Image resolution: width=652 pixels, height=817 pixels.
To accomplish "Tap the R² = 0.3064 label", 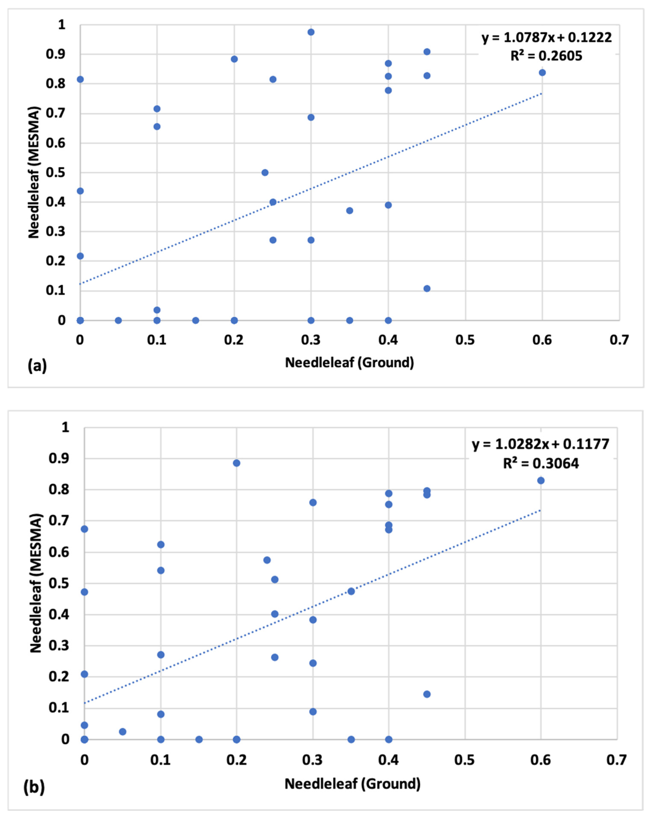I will click(x=541, y=463).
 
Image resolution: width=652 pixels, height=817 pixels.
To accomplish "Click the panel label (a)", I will click(x=37, y=366).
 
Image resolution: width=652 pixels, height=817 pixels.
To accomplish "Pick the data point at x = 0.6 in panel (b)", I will click(x=541, y=481).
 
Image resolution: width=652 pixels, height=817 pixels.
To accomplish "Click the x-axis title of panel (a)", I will click(x=349, y=363).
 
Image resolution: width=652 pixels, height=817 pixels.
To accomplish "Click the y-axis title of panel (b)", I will click(x=36, y=583).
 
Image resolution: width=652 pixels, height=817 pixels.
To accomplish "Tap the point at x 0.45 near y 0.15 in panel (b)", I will click(x=427, y=694).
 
